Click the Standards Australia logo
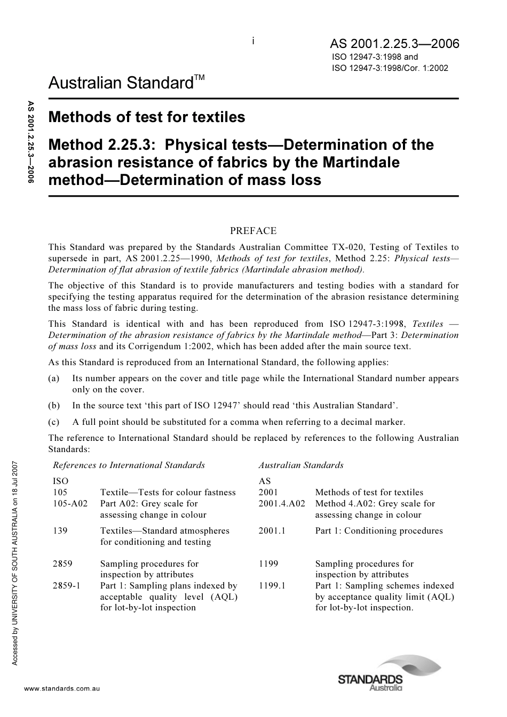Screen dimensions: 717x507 pyautogui.click(x=389, y=674)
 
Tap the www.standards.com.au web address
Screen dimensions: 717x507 pyautogui.click(x=62, y=689)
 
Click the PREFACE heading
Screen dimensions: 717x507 pyautogui.click(x=253, y=231)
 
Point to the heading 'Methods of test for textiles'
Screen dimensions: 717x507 pyautogui.click(x=147, y=117)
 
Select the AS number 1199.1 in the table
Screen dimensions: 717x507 pyautogui.click(x=272, y=585)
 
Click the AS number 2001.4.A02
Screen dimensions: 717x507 pyautogui.click(x=282, y=503)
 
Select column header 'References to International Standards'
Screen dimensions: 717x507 pyautogui.click(x=129, y=465)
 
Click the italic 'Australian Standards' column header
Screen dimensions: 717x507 pyautogui.click(x=301, y=465)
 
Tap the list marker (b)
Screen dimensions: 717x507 pyautogui.click(x=54, y=405)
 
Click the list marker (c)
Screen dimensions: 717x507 pyautogui.click(x=54, y=422)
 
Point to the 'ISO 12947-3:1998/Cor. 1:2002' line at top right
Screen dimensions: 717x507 pyautogui.click(x=390, y=68)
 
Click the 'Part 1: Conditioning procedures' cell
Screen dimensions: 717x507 pyautogui.click(x=379, y=530)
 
